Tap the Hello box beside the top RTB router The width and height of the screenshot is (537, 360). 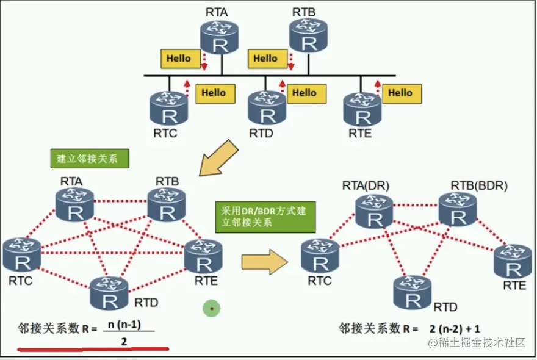pyautogui.click(x=265, y=59)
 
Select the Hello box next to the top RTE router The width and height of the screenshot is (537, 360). pyautogui.click(x=400, y=93)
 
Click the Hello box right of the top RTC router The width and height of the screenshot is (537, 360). pyautogui.click(x=214, y=93)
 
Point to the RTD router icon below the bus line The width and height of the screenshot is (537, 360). pyautogui.click(x=267, y=108)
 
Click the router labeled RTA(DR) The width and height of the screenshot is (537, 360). pyautogui.click(x=374, y=211)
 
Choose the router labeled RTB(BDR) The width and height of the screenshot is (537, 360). pyautogui.click(x=458, y=209)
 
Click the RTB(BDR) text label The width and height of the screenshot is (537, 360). pyautogui.click(x=479, y=185)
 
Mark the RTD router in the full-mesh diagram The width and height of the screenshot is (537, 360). pyautogui.click(x=109, y=293)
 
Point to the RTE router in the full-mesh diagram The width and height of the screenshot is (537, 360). pyautogui.click(x=204, y=256)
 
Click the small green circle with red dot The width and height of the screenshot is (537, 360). pyautogui.click(x=211, y=309)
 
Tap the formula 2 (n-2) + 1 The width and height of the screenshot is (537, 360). pyautogui.click(x=454, y=328)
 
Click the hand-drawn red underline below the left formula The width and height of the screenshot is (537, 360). pyautogui.click(x=92, y=350)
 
